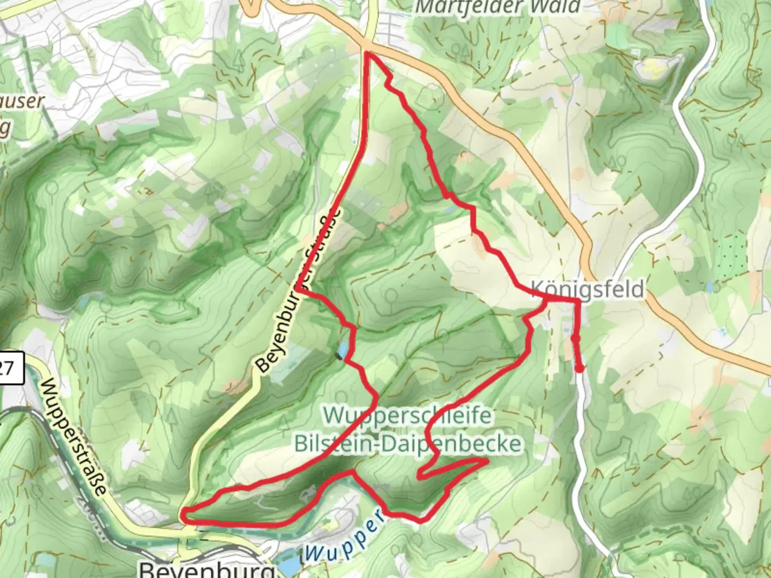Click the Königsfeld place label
(587, 289)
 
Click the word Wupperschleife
(407, 415)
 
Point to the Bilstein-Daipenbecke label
(407, 444)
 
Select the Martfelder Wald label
(498, 7)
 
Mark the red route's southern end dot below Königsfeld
(580, 368)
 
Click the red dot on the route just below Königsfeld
(576, 338)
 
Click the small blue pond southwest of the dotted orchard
(710, 288)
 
